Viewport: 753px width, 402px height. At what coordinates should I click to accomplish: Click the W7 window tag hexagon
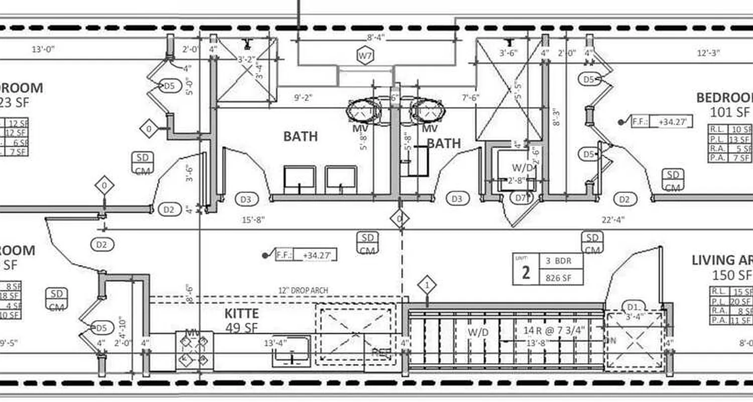click(365, 55)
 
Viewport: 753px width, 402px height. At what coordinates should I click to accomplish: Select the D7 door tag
click(522, 198)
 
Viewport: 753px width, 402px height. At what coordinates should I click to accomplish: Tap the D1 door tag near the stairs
click(632, 306)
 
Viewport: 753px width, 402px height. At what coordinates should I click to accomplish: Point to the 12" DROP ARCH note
click(303, 290)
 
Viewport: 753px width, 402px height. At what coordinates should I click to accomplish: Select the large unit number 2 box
click(526, 272)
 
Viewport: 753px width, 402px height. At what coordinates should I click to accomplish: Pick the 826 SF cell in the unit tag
click(561, 277)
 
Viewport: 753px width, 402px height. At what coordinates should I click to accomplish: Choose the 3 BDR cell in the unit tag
click(561, 261)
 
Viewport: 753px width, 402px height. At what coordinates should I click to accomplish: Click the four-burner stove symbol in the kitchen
click(191, 350)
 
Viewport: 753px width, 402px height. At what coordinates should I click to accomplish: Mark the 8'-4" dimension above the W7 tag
click(375, 38)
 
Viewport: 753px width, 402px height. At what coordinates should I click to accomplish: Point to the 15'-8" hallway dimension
click(254, 220)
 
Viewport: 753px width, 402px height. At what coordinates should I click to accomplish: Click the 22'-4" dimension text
click(613, 220)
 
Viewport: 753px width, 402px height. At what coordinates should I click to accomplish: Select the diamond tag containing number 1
click(427, 285)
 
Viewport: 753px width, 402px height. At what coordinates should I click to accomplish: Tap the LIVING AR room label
click(722, 260)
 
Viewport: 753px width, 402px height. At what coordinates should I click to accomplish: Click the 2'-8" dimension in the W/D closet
click(516, 180)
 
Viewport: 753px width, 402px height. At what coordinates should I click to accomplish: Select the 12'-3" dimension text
click(708, 53)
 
